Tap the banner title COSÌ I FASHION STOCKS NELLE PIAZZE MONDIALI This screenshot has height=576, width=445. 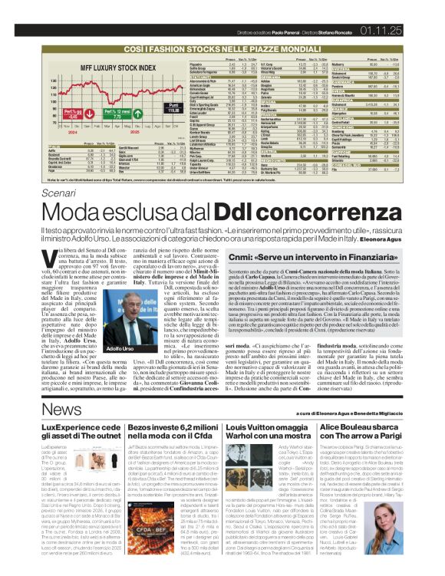[222, 48]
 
